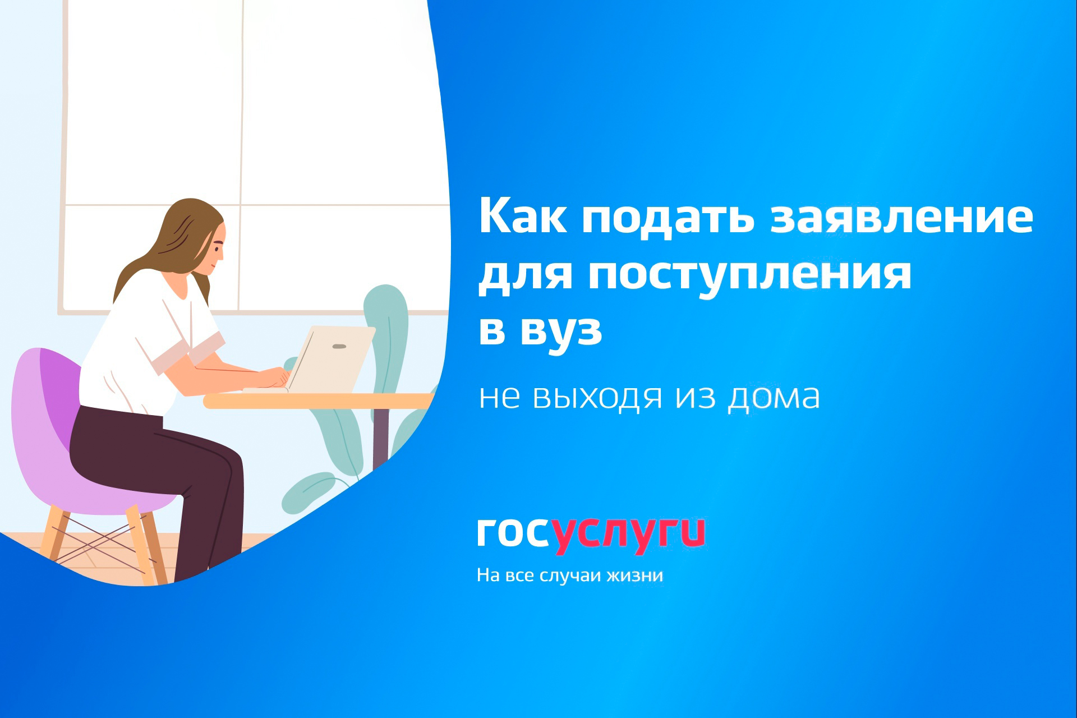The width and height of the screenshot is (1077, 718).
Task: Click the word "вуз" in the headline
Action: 561,331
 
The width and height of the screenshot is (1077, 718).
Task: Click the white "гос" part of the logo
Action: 513,532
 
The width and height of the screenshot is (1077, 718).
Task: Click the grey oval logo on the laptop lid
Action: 339,346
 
